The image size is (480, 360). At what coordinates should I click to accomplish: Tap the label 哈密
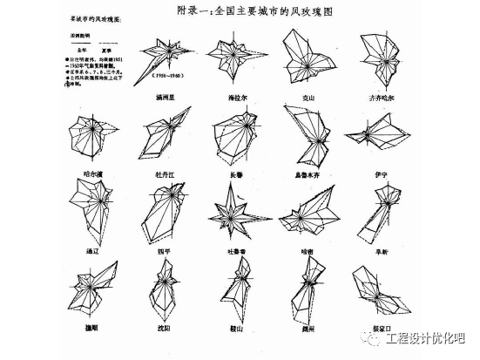304,248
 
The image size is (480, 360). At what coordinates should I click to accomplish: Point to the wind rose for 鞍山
233,292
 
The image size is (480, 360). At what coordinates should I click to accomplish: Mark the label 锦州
304,330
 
